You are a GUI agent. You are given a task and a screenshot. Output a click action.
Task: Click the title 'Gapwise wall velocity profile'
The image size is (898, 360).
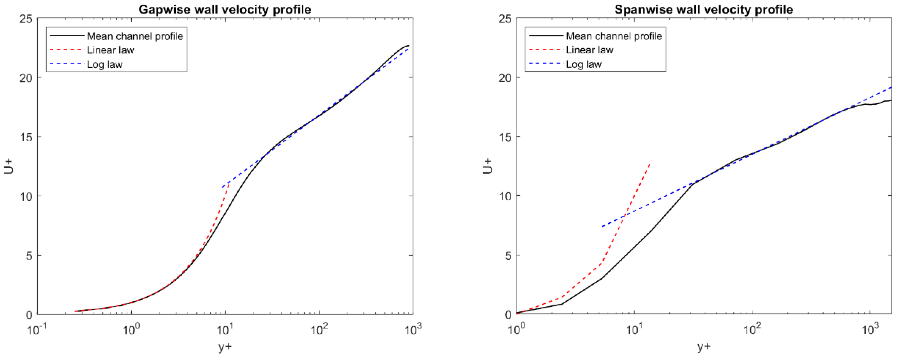click(x=225, y=9)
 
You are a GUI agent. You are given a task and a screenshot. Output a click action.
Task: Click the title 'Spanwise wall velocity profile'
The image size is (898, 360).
click(x=703, y=9)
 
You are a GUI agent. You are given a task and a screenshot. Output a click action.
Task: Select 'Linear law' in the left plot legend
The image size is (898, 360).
click(x=110, y=50)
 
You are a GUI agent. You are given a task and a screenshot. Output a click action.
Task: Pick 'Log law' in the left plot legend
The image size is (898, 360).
click(x=105, y=64)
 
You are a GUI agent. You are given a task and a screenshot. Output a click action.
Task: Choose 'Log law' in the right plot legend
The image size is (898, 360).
click(x=584, y=64)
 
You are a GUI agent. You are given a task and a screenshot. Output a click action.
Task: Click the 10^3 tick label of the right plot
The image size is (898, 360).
click(x=869, y=330)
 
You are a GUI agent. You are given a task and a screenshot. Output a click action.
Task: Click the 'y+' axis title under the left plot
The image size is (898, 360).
click(x=225, y=347)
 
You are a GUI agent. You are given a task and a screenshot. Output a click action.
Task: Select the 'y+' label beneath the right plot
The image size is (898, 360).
click(x=704, y=347)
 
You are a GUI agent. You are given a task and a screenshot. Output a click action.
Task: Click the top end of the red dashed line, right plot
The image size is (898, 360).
click(x=651, y=161)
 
